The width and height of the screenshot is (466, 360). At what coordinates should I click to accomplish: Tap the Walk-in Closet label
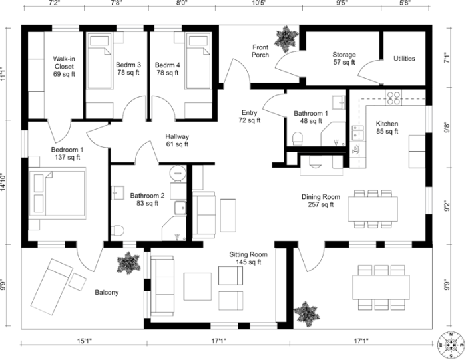click(64, 67)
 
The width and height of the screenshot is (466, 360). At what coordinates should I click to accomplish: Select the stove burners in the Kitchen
click(393, 98)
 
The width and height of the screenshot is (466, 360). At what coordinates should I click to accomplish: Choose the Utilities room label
click(404, 59)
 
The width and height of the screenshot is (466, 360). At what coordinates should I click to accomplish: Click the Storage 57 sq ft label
click(344, 59)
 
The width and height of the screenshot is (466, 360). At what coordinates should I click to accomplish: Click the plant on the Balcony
click(126, 263)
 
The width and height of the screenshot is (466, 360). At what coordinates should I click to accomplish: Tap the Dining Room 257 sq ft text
click(321, 200)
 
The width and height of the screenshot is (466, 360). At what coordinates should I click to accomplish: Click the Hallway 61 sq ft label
click(178, 140)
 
